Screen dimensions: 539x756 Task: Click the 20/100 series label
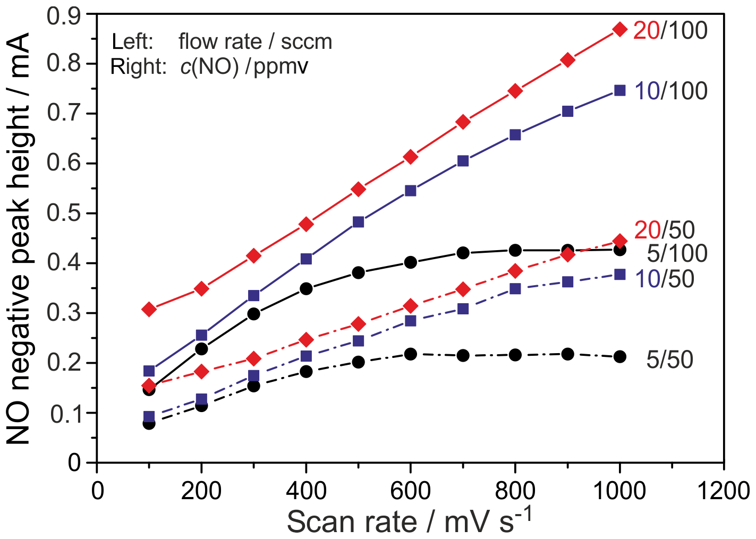(670, 31)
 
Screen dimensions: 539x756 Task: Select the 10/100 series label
(671, 91)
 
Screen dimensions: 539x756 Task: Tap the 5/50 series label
(669, 360)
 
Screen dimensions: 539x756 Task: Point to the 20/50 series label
(665, 230)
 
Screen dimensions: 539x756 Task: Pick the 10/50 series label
(665, 279)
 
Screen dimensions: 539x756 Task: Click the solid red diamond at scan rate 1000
(619, 30)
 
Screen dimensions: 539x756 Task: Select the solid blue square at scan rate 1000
(619, 90)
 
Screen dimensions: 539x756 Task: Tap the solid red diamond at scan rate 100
(149, 309)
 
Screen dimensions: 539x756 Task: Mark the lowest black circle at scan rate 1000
(619, 357)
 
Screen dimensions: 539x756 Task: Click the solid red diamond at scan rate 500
(358, 190)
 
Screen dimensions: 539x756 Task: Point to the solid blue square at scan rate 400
(306, 259)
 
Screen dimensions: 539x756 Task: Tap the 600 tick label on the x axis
(410, 491)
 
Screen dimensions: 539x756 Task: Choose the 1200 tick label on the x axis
(724, 491)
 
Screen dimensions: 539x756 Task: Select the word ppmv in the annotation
(281, 67)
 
